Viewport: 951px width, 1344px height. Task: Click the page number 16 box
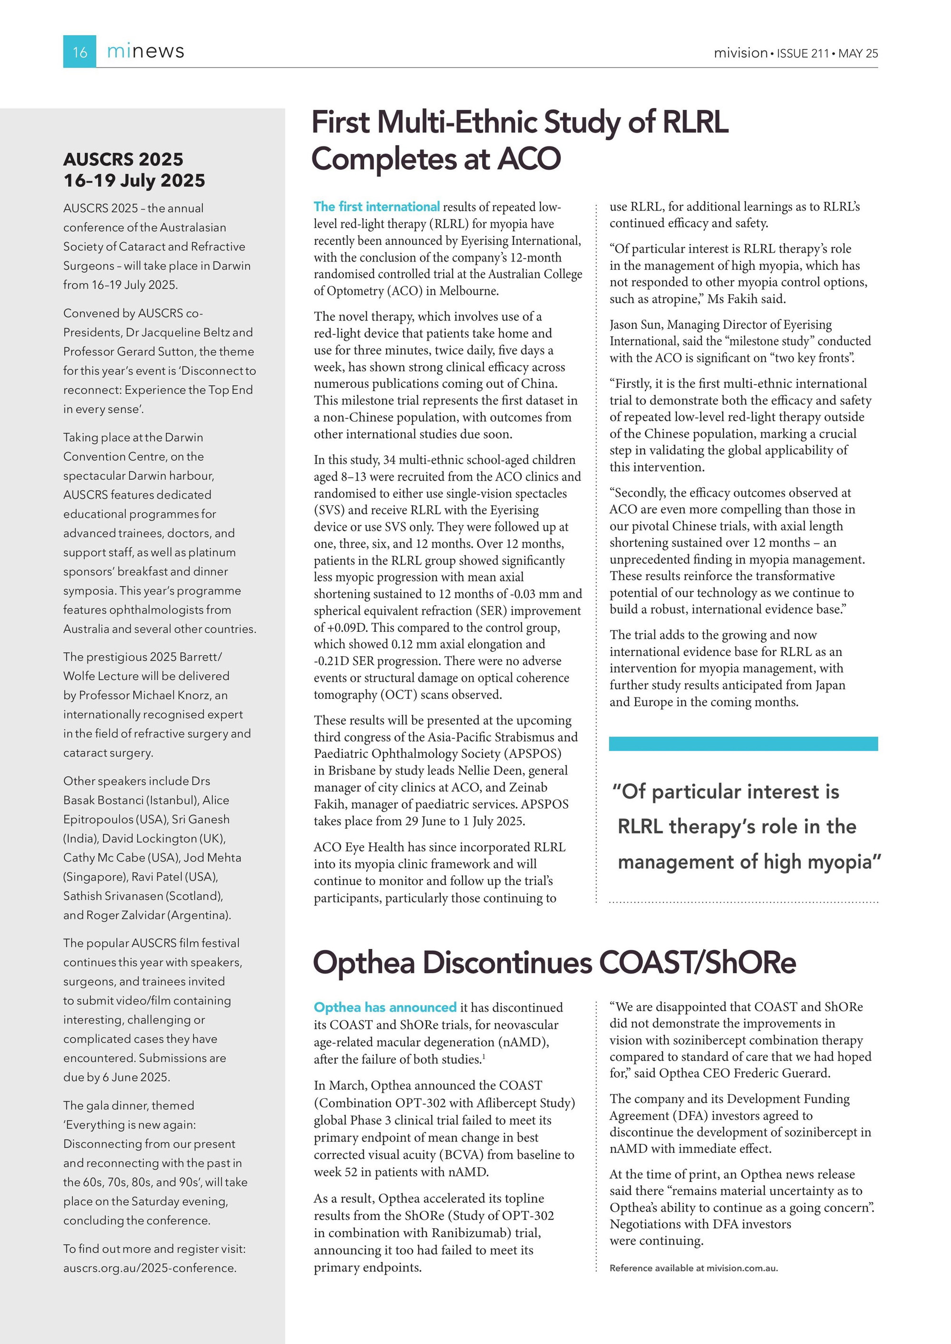pyautogui.click(x=79, y=51)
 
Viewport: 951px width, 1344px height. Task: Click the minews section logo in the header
pyautogui.click(x=145, y=51)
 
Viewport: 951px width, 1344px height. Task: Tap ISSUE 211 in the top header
pyautogui.click(x=802, y=53)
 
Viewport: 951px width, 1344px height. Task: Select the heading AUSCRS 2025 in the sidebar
pyautogui.click(x=123, y=159)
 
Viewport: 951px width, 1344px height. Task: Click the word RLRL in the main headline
pyautogui.click(x=695, y=122)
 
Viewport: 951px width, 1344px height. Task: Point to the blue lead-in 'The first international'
pyautogui.click(x=377, y=207)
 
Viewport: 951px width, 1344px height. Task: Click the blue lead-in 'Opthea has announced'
pyautogui.click(x=385, y=1007)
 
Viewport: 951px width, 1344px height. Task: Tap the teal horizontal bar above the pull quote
pyautogui.click(x=743, y=744)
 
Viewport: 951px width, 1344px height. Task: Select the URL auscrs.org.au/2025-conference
pyautogui.click(x=150, y=1268)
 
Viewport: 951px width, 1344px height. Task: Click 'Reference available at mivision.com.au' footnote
pyautogui.click(x=693, y=1268)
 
